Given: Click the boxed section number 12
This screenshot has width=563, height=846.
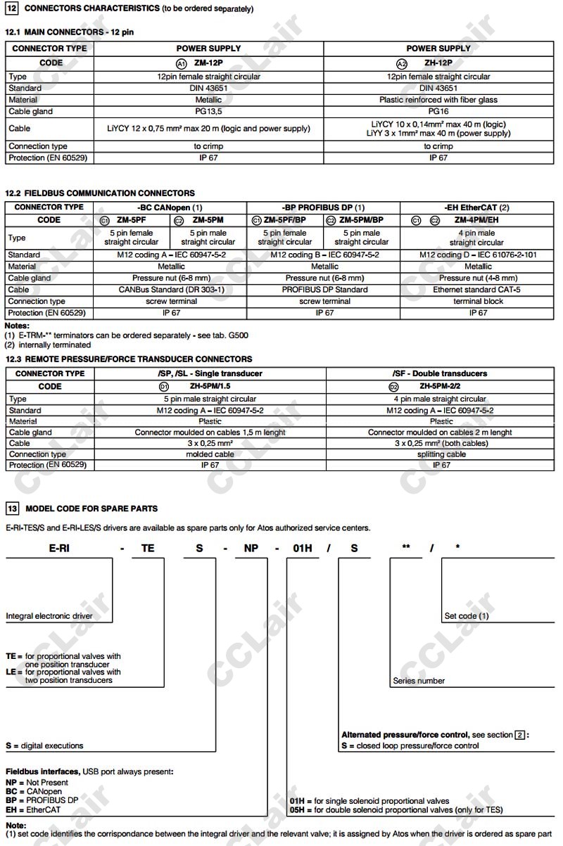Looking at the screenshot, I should (x=11, y=8).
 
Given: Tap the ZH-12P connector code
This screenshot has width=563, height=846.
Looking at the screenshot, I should (x=438, y=63).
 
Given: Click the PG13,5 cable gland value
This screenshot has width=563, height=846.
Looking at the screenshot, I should (x=208, y=111).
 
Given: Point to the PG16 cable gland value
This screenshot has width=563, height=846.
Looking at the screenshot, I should (x=438, y=111).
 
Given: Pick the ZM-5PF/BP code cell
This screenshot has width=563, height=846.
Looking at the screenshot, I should (x=284, y=220).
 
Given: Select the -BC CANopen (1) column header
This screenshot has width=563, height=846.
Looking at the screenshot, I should (x=170, y=207).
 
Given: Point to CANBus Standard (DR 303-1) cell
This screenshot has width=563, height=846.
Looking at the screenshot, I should (x=170, y=290).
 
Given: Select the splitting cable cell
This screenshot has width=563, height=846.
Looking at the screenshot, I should (x=441, y=454).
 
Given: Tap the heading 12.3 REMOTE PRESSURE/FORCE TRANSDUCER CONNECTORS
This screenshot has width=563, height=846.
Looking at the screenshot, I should (x=129, y=359).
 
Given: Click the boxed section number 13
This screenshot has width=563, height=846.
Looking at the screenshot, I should (x=11, y=508).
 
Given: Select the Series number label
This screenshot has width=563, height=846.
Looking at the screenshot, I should (x=419, y=681).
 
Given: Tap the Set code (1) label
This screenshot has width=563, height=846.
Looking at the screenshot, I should (x=467, y=616).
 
